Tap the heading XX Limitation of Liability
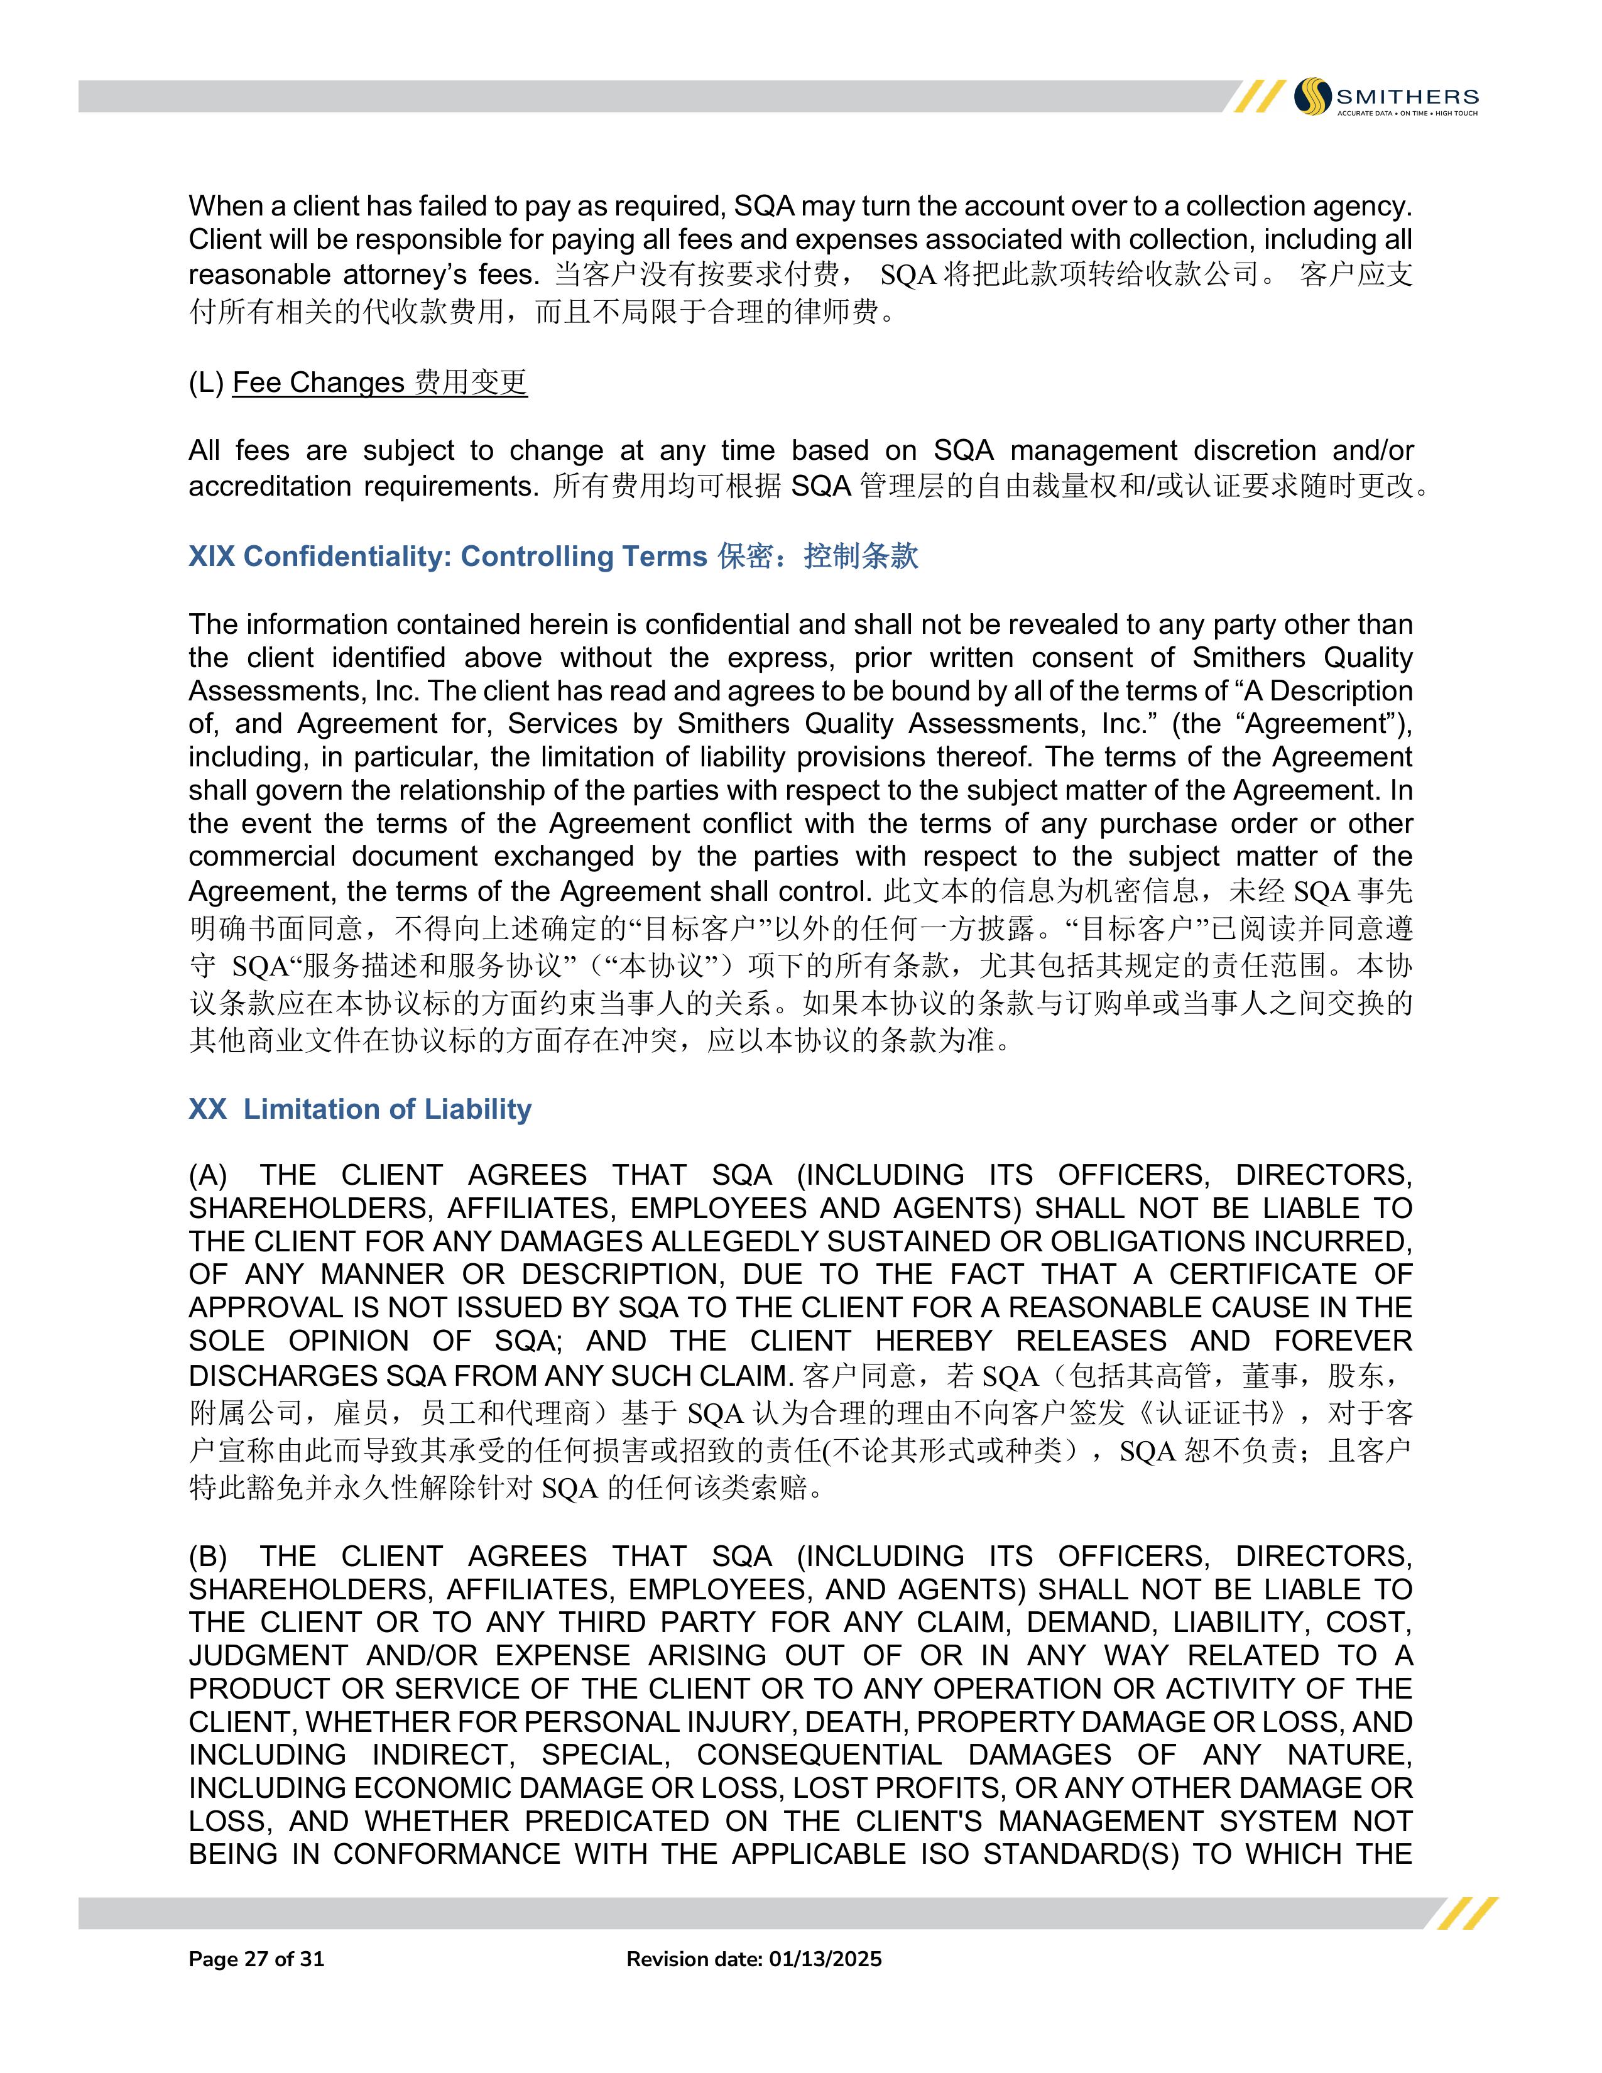(360, 1109)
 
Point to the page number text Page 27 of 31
(256, 1959)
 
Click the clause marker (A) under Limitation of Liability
(208, 1175)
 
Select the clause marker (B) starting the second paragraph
(208, 1557)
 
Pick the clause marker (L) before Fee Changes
(206, 383)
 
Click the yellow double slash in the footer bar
(1466, 1913)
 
